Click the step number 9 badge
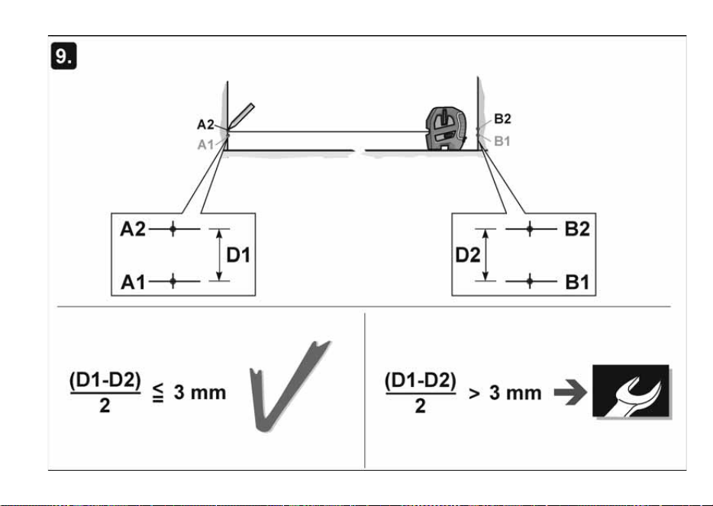pyautogui.click(x=63, y=56)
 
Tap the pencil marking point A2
pyautogui.click(x=241, y=116)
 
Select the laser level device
pyautogui.click(x=447, y=128)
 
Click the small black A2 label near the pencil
pyautogui.click(x=205, y=124)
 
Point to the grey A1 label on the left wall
pyautogui.click(x=205, y=144)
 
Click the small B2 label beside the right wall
pyautogui.click(x=502, y=118)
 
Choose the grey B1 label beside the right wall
pyautogui.click(x=502, y=141)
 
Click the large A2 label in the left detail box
pyautogui.click(x=133, y=229)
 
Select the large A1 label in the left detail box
pyautogui.click(x=133, y=282)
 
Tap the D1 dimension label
pyautogui.click(x=238, y=255)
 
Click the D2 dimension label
pyautogui.click(x=468, y=255)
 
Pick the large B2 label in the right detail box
pyautogui.click(x=577, y=229)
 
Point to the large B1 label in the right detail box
pyautogui.click(x=577, y=282)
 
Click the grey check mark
pyautogui.click(x=289, y=386)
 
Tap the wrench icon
pyautogui.click(x=631, y=391)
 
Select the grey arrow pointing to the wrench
pyautogui.click(x=570, y=392)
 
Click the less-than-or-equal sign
pyautogui.click(x=158, y=392)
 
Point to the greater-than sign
pyautogui.click(x=474, y=394)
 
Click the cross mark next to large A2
pyautogui.click(x=173, y=229)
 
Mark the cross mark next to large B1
pyautogui.click(x=529, y=282)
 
